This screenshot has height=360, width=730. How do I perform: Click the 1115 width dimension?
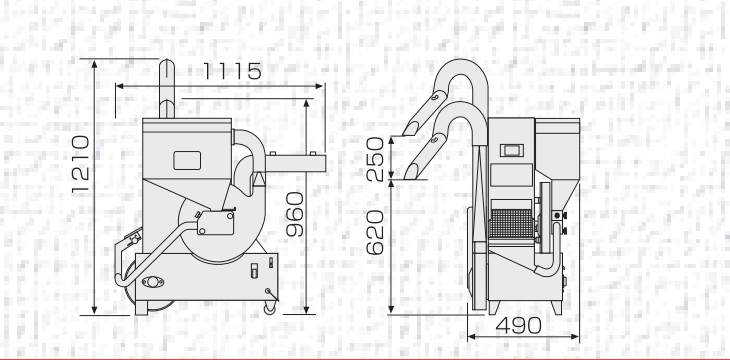(x=232, y=71)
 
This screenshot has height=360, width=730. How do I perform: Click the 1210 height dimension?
(x=80, y=164)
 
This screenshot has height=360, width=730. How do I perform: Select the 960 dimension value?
(x=295, y=214)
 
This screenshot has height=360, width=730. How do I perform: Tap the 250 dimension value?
(x=375, y=159)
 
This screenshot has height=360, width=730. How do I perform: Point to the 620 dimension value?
(x=375, y=232)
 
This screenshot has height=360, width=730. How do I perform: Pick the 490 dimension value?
(x=519, y=326)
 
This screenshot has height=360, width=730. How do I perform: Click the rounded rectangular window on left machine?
(x=187, y=160)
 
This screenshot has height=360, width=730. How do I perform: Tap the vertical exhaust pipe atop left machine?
(x=167, y=88)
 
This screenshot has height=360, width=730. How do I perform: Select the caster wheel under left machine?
(x=270, y=308)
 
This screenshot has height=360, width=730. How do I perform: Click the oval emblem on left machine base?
(x=153, y=282)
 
